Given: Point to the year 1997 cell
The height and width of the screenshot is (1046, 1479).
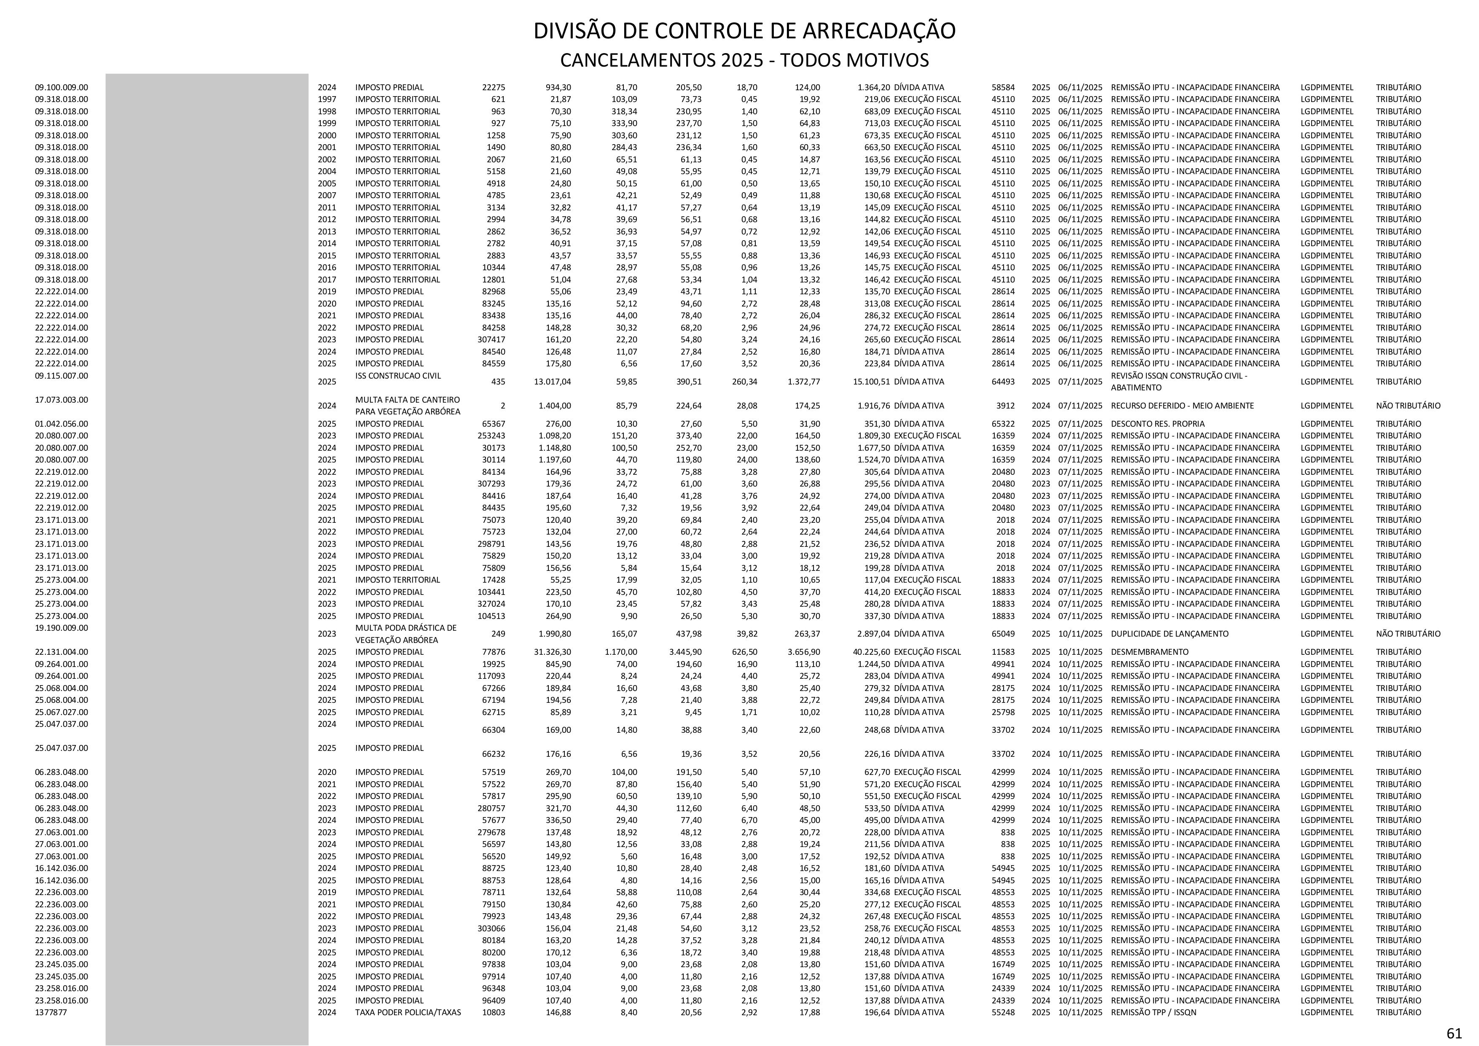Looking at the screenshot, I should (x=327, y=99).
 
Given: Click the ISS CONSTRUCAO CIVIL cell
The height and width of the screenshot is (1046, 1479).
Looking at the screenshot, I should (x=397, y=376).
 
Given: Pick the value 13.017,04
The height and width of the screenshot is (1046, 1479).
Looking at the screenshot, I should (x=552, y=382).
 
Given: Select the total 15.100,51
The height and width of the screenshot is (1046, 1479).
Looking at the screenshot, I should (x=871, y=382).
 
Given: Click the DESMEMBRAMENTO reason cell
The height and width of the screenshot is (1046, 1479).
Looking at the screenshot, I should (x=1149, y=651).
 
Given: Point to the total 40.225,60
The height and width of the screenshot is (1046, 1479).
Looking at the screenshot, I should (x=871, y=651).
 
